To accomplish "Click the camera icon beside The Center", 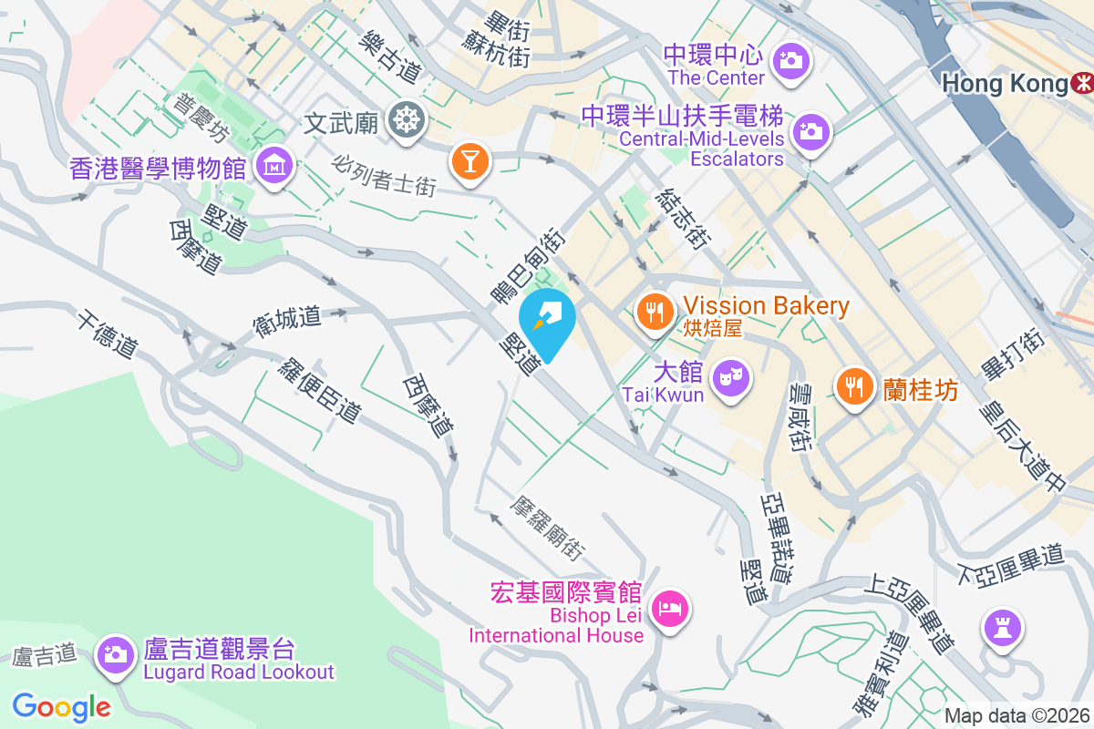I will (x=790, y=62).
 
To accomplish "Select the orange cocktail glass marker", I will (x=470, y=162).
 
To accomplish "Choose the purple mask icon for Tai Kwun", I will (x=728, y=375).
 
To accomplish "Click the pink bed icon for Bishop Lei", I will (x=670, y=608).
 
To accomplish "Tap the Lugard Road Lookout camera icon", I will (x=115, y=652).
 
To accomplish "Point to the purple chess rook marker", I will (x=1001, y=628).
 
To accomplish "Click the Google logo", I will (x=62, y=706).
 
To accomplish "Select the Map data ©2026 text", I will (x=1017, y=715).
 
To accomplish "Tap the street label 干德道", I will (x=107, y=334).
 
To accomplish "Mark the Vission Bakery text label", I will (x=767, y=306).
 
